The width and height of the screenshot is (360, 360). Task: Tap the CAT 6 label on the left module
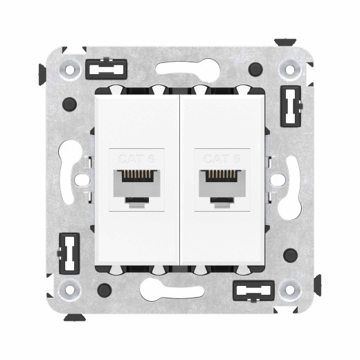point(137,158)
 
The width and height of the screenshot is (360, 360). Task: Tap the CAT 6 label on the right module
point(222,158)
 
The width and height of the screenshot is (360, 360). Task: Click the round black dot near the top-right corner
point(257,70)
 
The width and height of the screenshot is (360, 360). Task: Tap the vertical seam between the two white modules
point(180,180)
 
